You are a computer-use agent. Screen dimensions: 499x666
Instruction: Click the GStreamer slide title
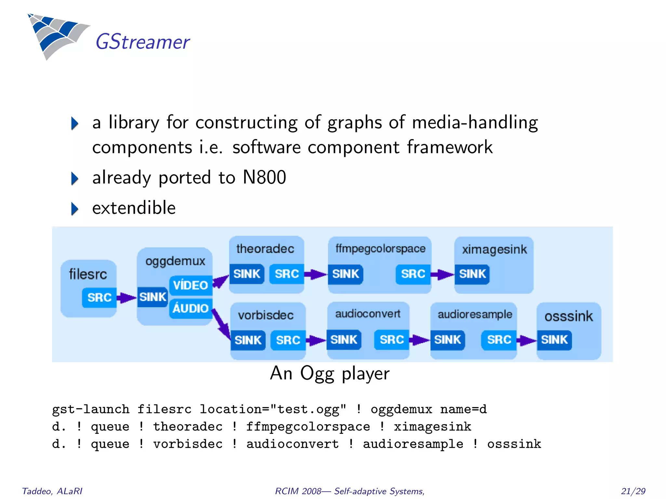[142, 42]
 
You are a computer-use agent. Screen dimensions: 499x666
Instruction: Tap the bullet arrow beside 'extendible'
[75, 209]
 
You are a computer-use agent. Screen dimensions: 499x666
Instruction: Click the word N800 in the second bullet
[264, 177]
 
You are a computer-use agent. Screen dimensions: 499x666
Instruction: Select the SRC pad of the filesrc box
[99, 297]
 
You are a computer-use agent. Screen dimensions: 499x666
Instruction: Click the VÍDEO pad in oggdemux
[191, 285]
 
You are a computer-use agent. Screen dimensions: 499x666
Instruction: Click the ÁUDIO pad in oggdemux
[191, 308]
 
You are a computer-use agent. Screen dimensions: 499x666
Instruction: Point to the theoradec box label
[265, 249]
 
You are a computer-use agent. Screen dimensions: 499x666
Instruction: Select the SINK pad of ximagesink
[472, 274]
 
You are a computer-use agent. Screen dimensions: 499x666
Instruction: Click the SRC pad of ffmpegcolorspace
[413, 274]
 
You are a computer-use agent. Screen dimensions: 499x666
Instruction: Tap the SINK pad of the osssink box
[554, 340]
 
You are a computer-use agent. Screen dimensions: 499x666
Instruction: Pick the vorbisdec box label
[266, 315]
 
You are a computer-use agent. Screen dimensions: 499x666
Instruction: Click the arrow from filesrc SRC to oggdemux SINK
[127, 297]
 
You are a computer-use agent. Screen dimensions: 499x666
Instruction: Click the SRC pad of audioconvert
[392, 340]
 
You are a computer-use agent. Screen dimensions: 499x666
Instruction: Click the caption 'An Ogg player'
[329, 373]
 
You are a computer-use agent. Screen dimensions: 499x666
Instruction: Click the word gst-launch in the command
[91, 409]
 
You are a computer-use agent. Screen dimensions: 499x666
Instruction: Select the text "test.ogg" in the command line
[308, 409]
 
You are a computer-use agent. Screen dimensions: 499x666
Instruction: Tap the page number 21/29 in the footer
[633, 491]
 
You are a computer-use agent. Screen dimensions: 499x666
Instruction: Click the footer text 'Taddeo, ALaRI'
[52, 491]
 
